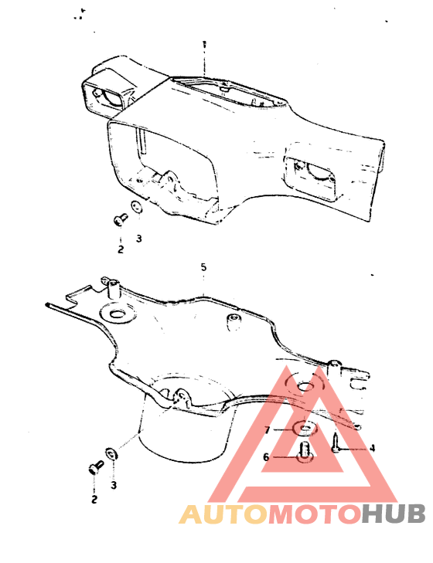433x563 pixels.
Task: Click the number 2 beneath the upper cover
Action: point(121,249)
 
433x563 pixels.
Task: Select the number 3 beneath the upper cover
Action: point(138,239)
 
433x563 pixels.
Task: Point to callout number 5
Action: point(203,267)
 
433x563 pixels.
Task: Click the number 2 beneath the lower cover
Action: point(94,500)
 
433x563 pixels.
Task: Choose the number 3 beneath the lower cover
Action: point(114,485)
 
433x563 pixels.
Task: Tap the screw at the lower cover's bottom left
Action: point(95,466)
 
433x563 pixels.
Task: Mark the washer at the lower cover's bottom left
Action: point(111,452)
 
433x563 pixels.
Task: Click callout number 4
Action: point(372,447)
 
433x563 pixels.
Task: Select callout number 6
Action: point(266,456)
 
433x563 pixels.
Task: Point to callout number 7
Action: point(267,429)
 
